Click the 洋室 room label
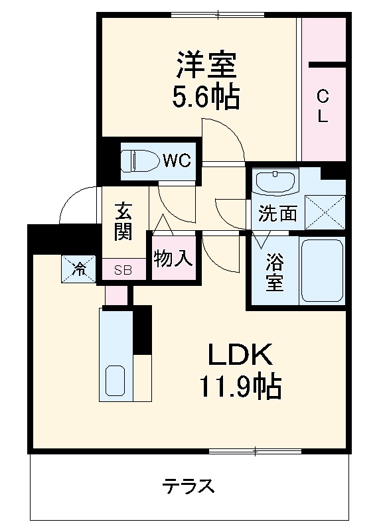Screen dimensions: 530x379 click(x=206, y=67)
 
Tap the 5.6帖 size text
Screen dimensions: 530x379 click(x=206, y=98)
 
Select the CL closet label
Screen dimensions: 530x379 click(x=322, y=107)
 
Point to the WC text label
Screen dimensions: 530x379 click(x=177, y=160)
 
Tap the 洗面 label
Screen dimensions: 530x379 click(x=277, y=215)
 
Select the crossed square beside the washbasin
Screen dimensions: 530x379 click(x=325, y=212)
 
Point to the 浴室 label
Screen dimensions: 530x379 click(x=274, y=272)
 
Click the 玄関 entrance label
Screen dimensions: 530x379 click(x=123, y=222)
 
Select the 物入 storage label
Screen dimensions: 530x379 click(x=173, y=258)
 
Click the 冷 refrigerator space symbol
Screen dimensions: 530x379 click(x=79, y=269)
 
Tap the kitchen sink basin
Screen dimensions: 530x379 click(x=115, y=382)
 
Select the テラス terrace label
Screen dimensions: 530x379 click(x=189, y=486)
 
